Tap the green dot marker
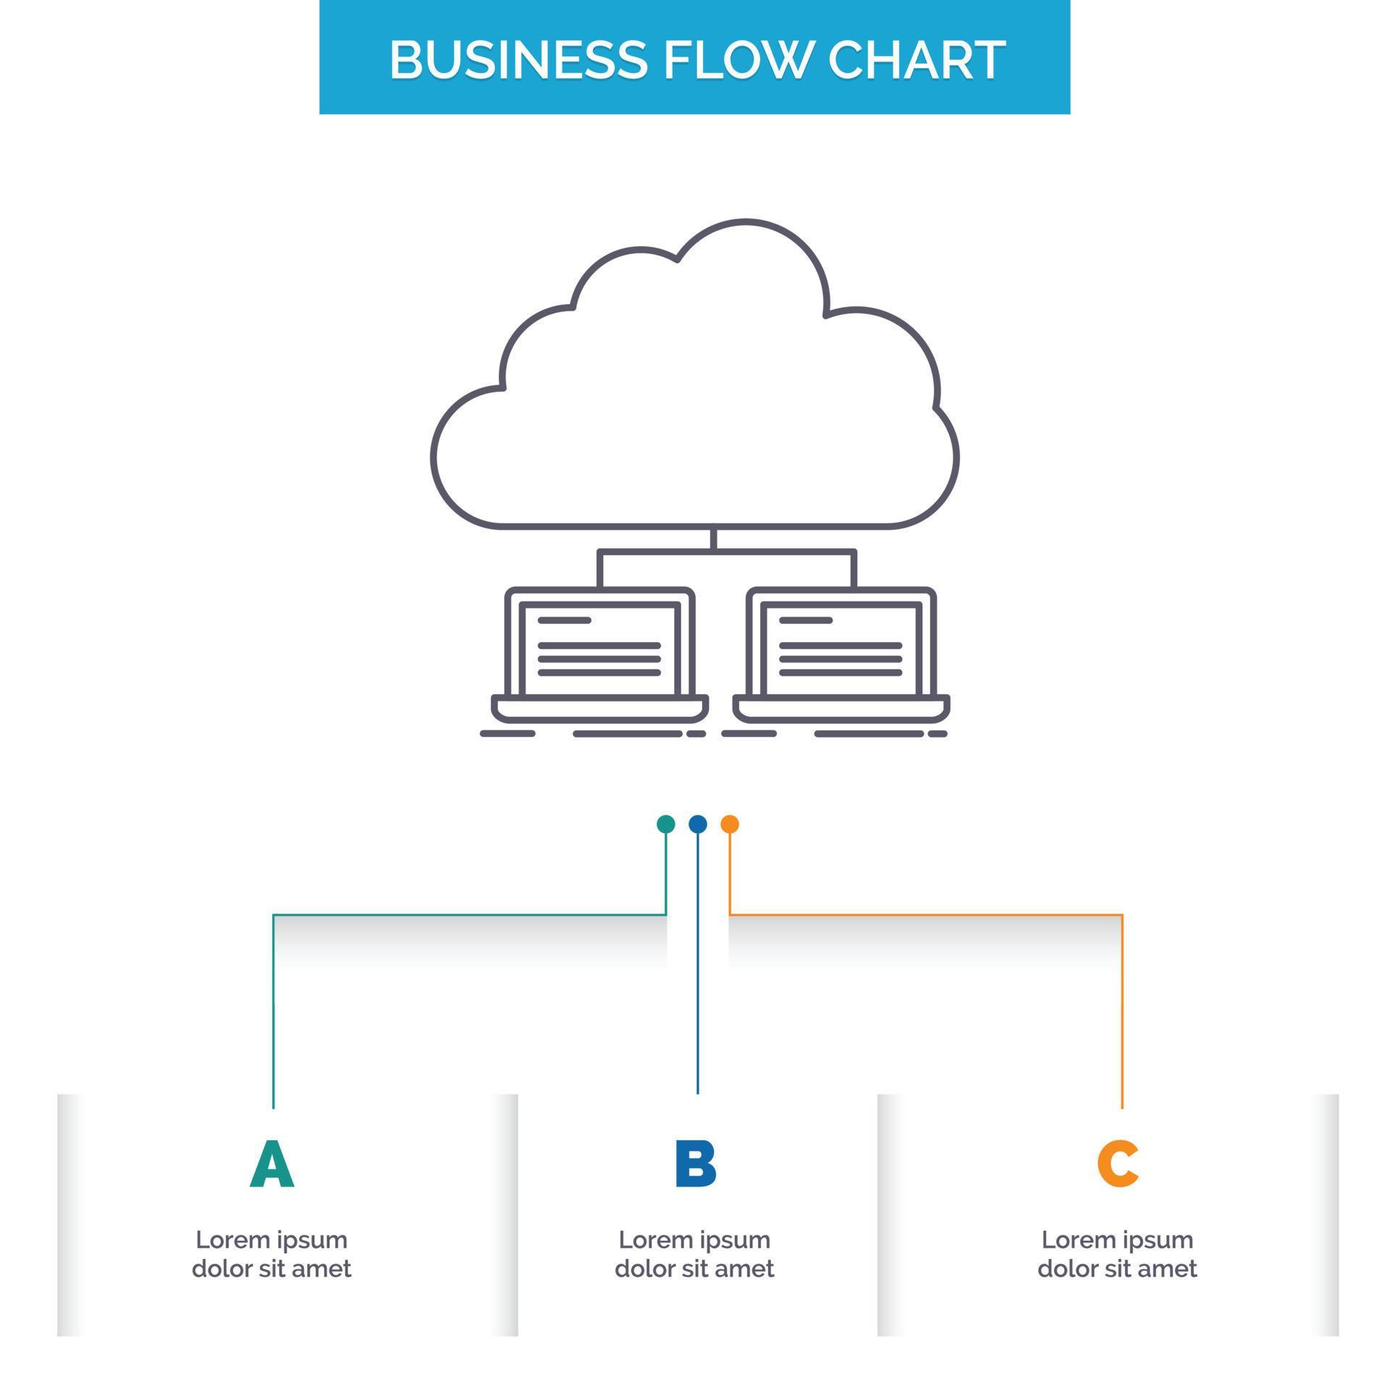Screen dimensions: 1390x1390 (x=665, y=824)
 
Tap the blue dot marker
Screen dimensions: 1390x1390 (x=697, y=824)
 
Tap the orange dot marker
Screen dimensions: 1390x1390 (x=730, y=824)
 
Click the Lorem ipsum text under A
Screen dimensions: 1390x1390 (x=271, y=1254)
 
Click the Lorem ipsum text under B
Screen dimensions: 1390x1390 (x=694, y=1254)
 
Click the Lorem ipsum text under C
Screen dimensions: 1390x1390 (x=1117, y=1254)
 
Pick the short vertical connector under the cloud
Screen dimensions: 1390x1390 (x=713, y=539)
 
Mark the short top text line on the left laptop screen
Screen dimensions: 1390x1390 (x=565, y=620)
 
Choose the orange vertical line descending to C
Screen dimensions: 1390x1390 (x=1122, y=1014)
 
